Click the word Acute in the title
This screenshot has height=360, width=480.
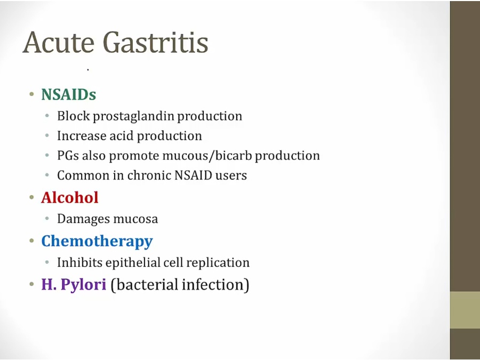pyautogui.click(x=58, y=42)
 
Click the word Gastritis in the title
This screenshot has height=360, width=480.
pyautogui.click(x=156, y=42)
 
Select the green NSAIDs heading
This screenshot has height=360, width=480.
pyautogui.click(x=69, y=94)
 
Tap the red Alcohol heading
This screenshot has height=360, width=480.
pyautogui.click(x=70, y=197)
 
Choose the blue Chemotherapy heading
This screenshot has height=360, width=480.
pyautogui.click(x=97, y=242)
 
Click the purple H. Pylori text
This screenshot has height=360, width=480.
pyautogui.click(x=74, y=284)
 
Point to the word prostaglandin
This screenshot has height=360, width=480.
pyautogui.click(x=133, y=116)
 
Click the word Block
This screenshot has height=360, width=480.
pyautogui.click(x=74, y=116)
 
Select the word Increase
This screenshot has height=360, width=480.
pyautogui.click(x=82, y=135)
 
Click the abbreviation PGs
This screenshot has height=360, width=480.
pyautogui.click(x=68, y=156)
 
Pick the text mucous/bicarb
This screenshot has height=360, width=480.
pyautogui.click(x=207, y=156)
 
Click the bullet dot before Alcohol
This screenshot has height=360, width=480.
pyautogui.click(x=31, y=197)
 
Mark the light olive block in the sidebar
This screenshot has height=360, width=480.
pyautogui.click(x=465, y=310)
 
